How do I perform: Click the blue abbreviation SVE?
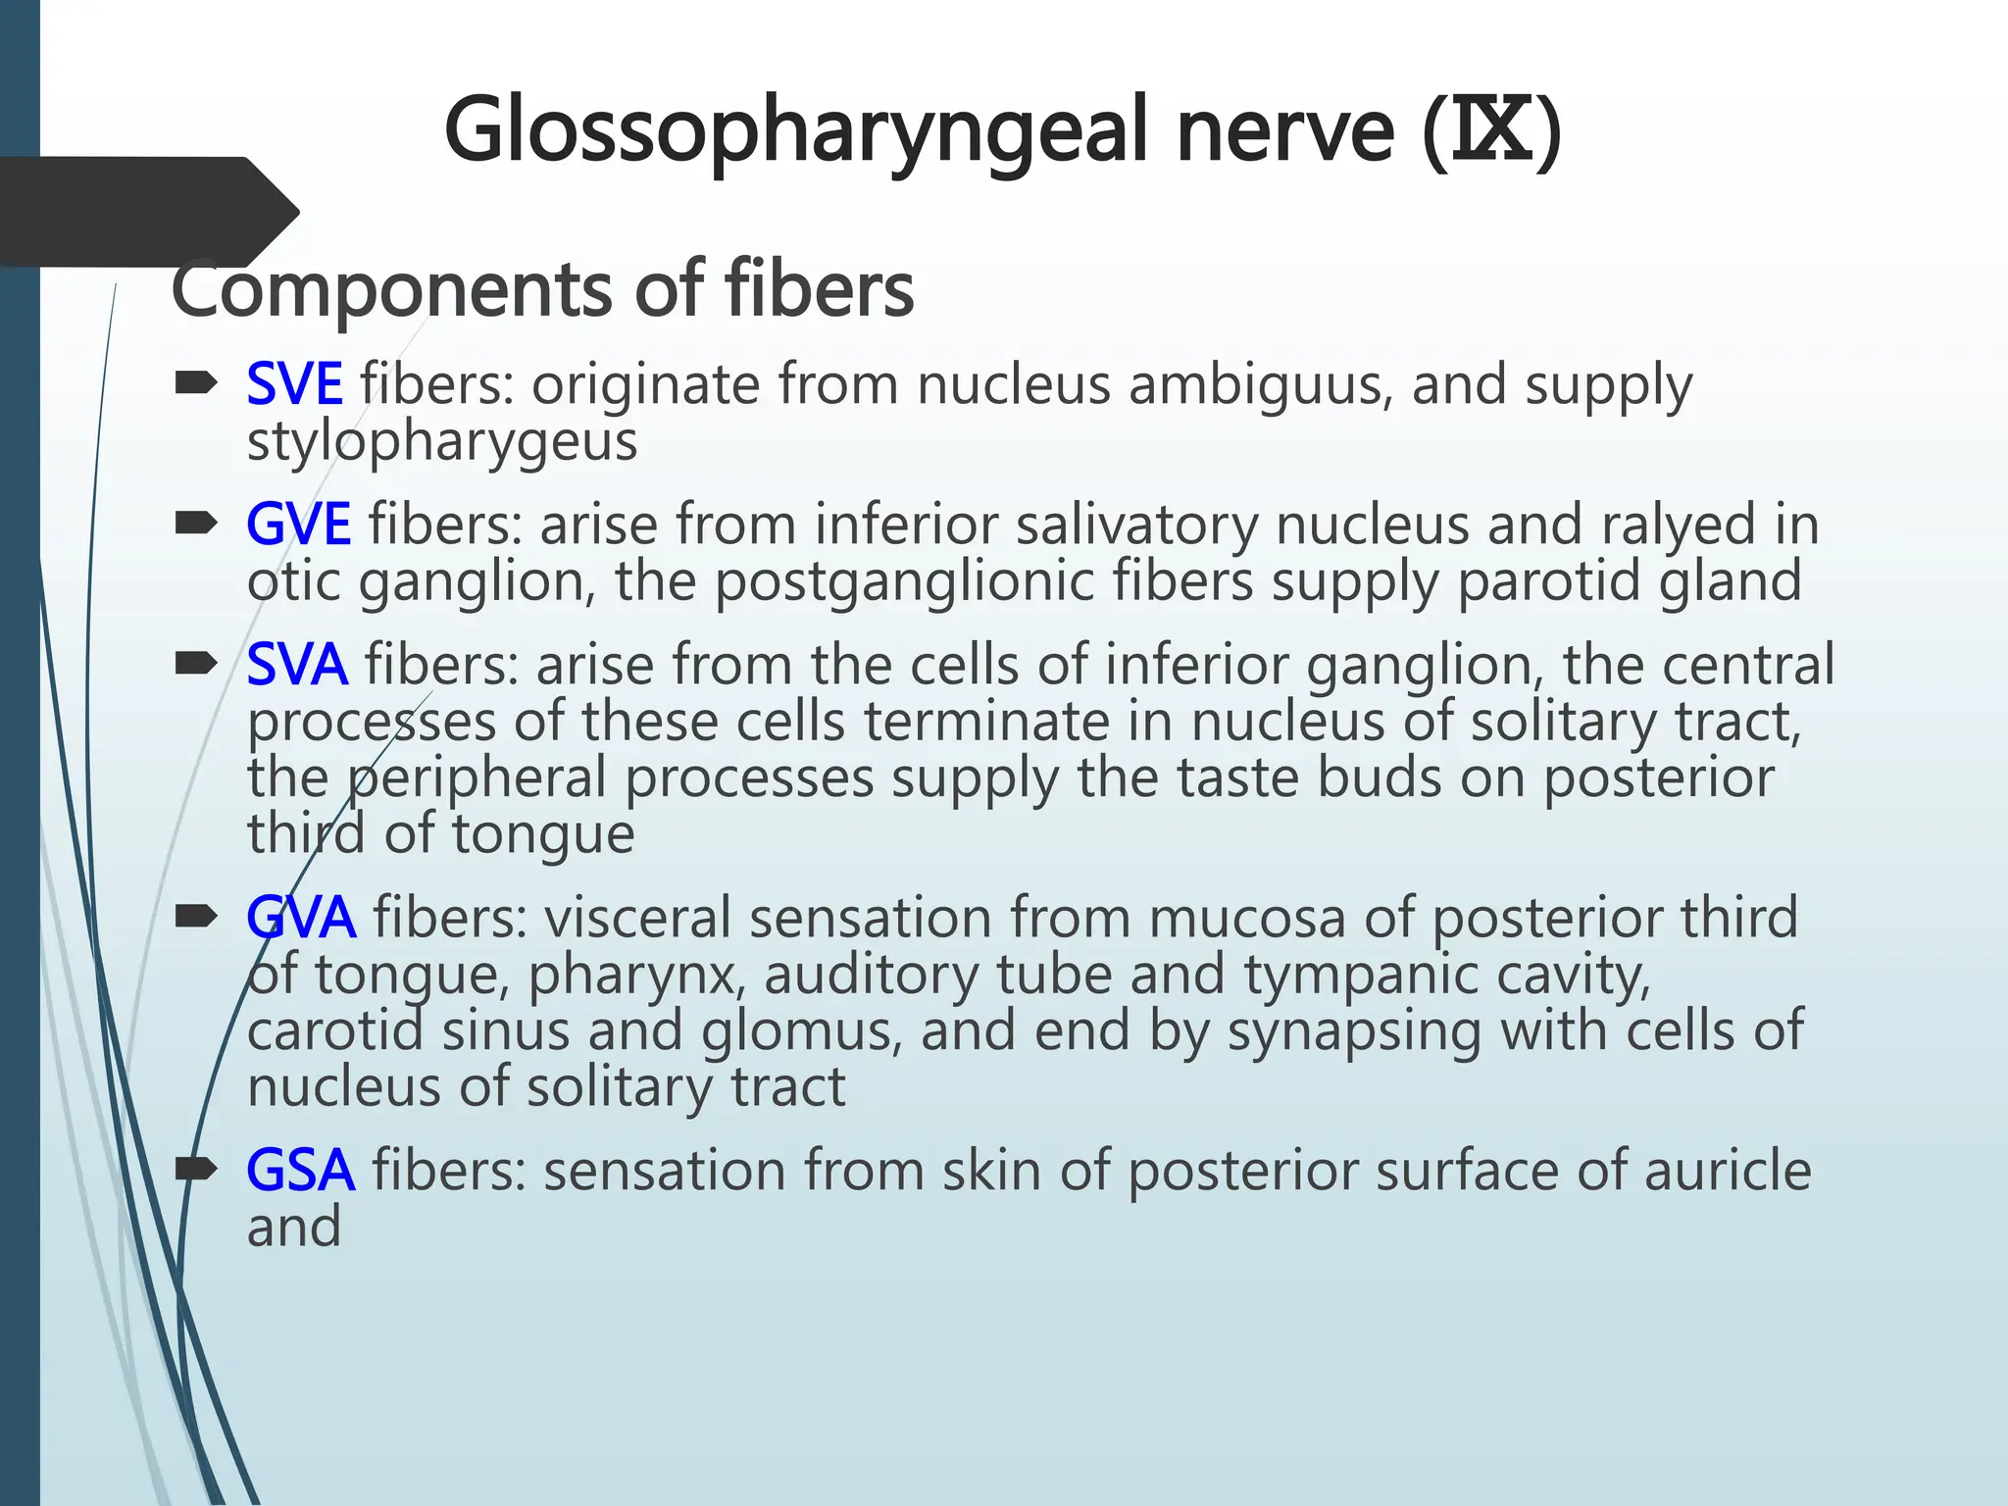click(x=294, y=384)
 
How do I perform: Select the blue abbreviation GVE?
click(x=298, y=525)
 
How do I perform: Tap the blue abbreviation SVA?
click(x=297, y=665)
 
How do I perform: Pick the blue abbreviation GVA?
click(x=301, y=918)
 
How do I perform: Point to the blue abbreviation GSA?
click(x=300, y=1171)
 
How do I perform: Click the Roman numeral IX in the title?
click(x=1491, y=131)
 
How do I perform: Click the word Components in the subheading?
click(x=393, y=290)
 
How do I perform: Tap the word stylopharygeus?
click(x=442, y=442)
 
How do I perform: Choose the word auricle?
click(x=1727, y=1171)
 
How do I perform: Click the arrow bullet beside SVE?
click(x=196, y=384)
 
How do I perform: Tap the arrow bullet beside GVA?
click(x=196, y=918)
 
